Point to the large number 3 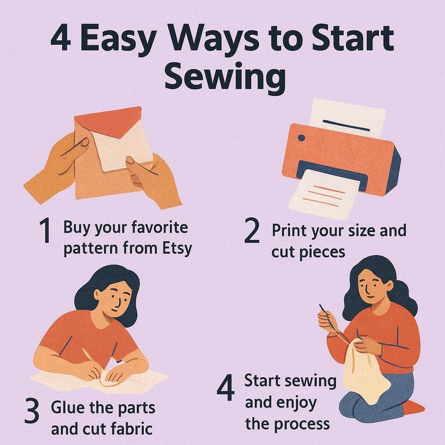click(x=31, y=410)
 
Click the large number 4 click(x=226, y=387)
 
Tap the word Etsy click(x=177, y=249)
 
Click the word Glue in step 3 click(x=68, y=407)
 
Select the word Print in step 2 click(x=289, y=230)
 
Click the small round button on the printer click(x=302, y=138)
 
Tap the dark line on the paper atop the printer click(x=346, y=126)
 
